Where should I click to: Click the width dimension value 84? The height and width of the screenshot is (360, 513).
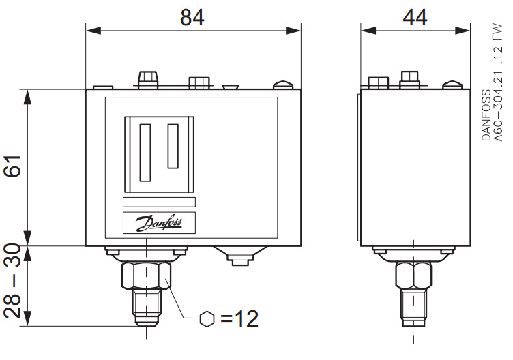193,16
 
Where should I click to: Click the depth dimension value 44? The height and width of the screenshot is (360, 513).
415,16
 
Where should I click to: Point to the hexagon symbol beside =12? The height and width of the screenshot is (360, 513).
207,318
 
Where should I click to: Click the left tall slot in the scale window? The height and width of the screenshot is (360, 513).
145,152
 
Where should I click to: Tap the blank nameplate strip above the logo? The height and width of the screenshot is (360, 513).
159,202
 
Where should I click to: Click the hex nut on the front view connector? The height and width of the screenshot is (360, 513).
147,276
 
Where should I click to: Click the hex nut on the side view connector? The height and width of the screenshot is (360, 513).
413,276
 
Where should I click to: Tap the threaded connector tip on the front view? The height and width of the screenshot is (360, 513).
147,316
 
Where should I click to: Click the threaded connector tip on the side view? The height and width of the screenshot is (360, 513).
413,316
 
